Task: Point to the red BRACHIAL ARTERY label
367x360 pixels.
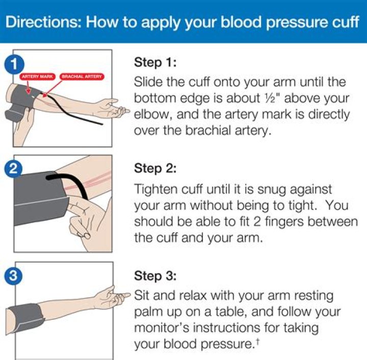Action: (82, 76)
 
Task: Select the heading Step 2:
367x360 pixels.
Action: (155, 168)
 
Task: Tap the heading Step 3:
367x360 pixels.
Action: (155, 276)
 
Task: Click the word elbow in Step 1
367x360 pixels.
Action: (151, 114)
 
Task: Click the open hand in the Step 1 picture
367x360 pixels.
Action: (110, 108)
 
